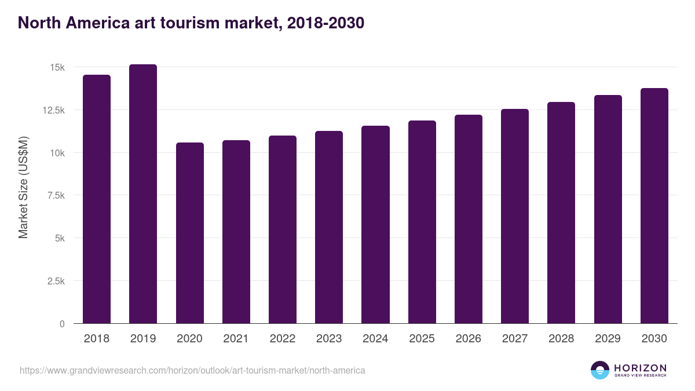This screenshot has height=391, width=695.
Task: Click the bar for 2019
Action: pyautogui.click(x=143, y=194)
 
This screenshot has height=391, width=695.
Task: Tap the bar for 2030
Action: pyautogui.click(x=654, y=206)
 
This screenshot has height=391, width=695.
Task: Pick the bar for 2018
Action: pyautogui.click(x=97, y=199)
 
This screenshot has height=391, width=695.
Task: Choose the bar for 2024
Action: pyautogui.click(x=375, y=225)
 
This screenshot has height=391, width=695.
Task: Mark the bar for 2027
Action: pyautogui.click(x=514, y=216)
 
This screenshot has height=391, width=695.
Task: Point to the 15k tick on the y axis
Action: pyautogui.click(x=57, y=68)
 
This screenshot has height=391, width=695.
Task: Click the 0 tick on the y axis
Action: pyautogui.click(x=61, y=324)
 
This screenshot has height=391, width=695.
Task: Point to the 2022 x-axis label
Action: pyautogui.click(x=282, y=339)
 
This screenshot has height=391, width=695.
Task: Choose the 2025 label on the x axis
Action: pyautogui.click(x=422, y=339)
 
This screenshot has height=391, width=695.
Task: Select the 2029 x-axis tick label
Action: pyautogui.click(x=608, y=339)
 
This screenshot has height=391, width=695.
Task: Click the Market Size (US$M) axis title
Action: pyautogui.click(x=23, y=187)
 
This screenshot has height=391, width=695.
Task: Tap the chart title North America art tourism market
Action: pyautogui.click(x=191, y=23)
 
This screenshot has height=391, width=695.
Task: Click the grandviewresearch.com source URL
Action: pyautogui.click(x=192, y=370)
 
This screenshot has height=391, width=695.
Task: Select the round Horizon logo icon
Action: pyautogui.click(x=600, y=370)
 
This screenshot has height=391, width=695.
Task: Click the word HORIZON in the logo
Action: pyautogui.click(x=640, y=367)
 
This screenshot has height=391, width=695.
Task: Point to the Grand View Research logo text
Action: pyautogui.click(x=640, y=375)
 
